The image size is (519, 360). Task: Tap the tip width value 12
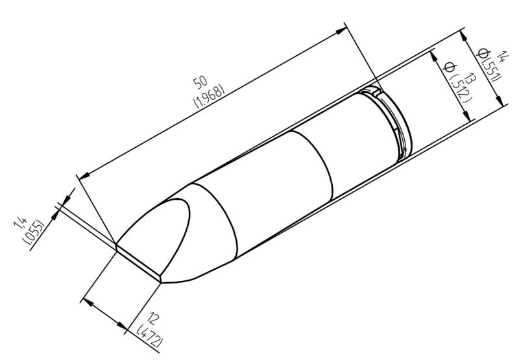[153, 320]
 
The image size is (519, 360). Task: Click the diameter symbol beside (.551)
[482, 52]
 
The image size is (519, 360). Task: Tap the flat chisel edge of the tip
[139, 262]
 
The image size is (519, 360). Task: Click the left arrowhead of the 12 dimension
[88, 300]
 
